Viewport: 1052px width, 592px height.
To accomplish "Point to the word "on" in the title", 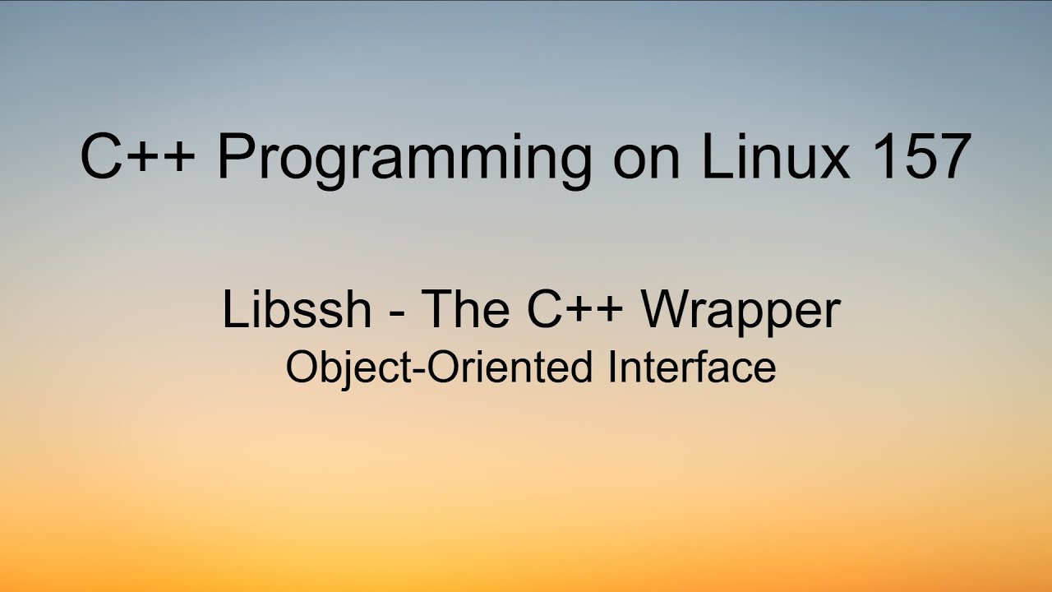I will click(x=647, y=160).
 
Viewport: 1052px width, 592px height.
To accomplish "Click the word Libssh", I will click(x=297, y=310).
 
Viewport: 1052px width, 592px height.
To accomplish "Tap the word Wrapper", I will click(x=741, y=312).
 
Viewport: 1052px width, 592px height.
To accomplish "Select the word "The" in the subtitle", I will click(x=467, y=310).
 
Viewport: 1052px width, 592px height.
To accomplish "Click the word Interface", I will click(x=692, y=368).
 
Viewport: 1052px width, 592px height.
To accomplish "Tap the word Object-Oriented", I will click(x=438, y=368).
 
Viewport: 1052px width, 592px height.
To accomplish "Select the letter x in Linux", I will click(x=833, y=162).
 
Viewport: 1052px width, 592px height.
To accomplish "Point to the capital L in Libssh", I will click(x=233, y=310).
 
